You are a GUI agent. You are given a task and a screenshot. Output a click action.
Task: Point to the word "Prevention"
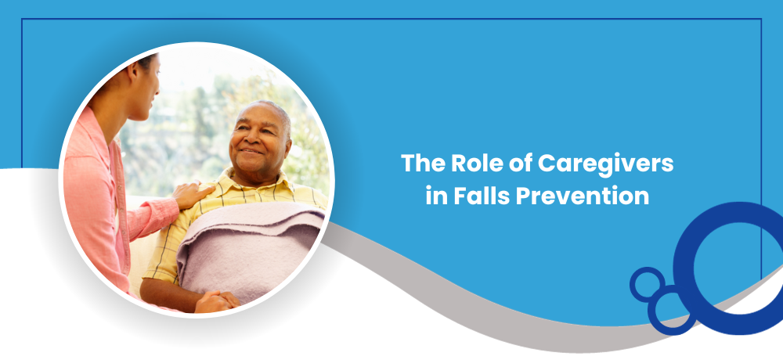point(583,196)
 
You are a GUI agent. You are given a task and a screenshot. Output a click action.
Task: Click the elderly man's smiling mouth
point(251,151)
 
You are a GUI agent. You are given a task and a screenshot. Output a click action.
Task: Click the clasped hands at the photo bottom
point(216,301)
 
